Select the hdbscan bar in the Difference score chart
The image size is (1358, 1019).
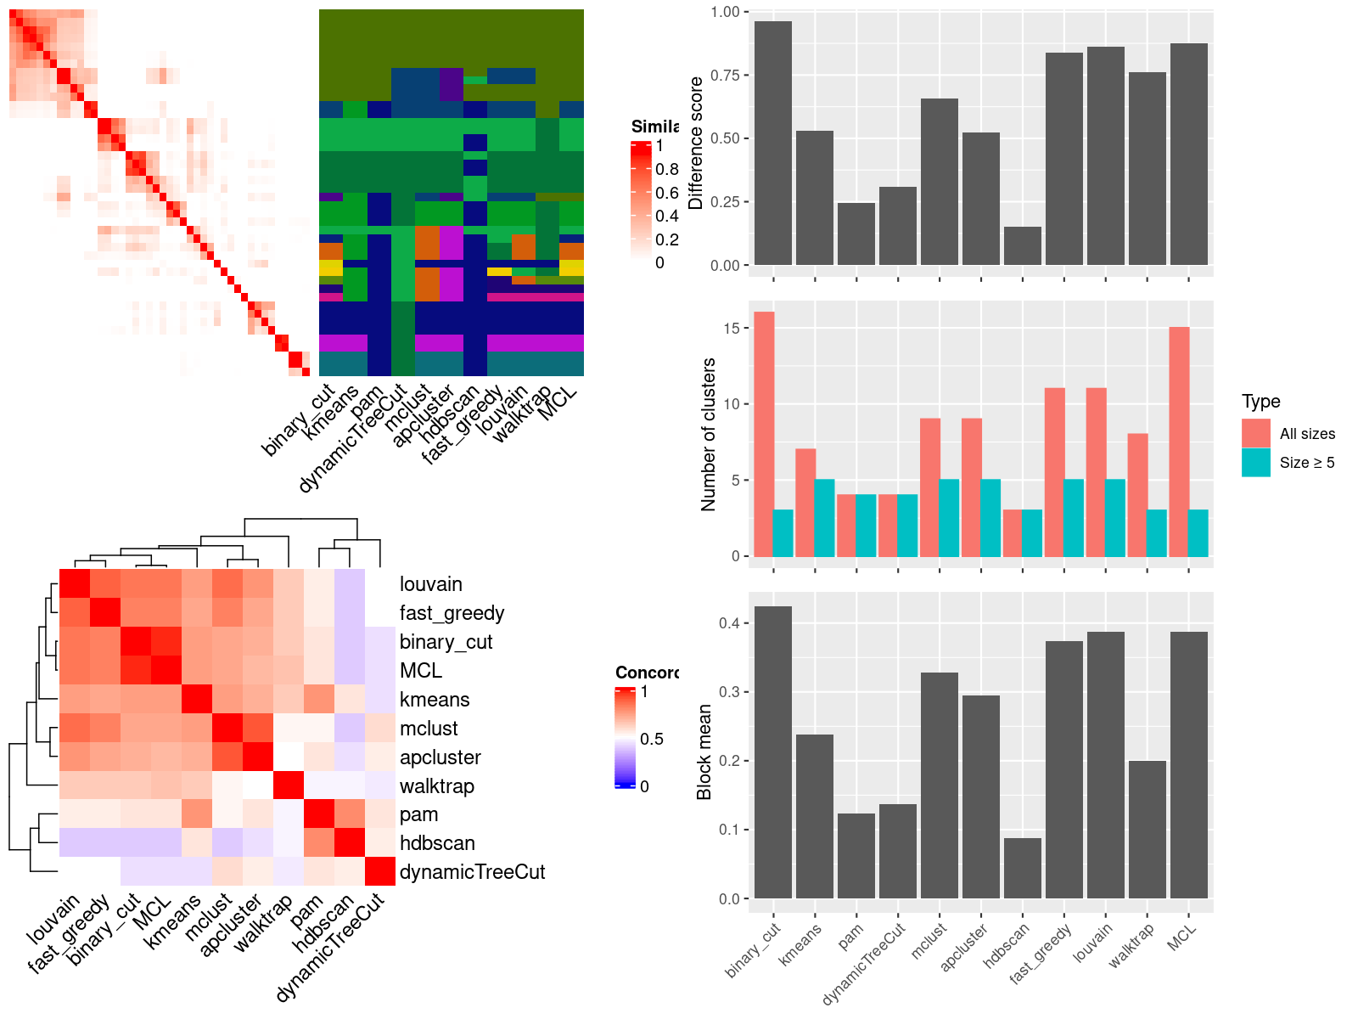[1022, 246]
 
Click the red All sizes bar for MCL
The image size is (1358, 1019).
[1179, 442]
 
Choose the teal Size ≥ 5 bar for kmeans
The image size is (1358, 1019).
[824, 518]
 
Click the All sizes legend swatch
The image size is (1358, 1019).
[1255, 433]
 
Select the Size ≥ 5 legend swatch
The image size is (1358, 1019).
[1255, 463]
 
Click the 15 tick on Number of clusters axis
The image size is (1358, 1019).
[733, 328]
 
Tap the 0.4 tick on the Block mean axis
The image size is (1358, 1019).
[728, 623]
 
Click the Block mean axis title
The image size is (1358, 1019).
[704, 752]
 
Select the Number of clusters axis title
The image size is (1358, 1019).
[708, 434]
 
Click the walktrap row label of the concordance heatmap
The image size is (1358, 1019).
[436, 786]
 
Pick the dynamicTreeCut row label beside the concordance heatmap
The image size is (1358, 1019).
[472, 872]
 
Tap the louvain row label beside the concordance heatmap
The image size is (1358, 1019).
[430, 584]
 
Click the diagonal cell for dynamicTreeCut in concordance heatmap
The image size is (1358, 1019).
[380, 871]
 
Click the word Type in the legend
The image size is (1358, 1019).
[1260, 402]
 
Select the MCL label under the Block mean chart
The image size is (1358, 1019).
[1181, 936]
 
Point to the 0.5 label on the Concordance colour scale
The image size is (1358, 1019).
[652, 739]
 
